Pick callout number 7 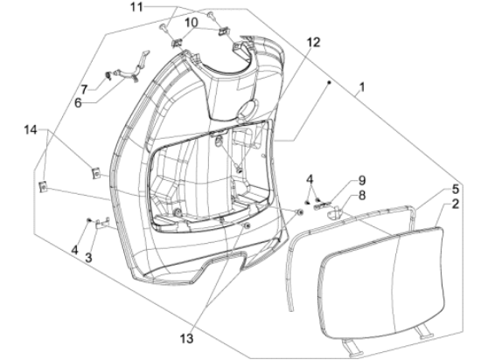85,89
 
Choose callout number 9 338,182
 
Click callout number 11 159,8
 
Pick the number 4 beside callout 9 310,180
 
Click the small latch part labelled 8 331,209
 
